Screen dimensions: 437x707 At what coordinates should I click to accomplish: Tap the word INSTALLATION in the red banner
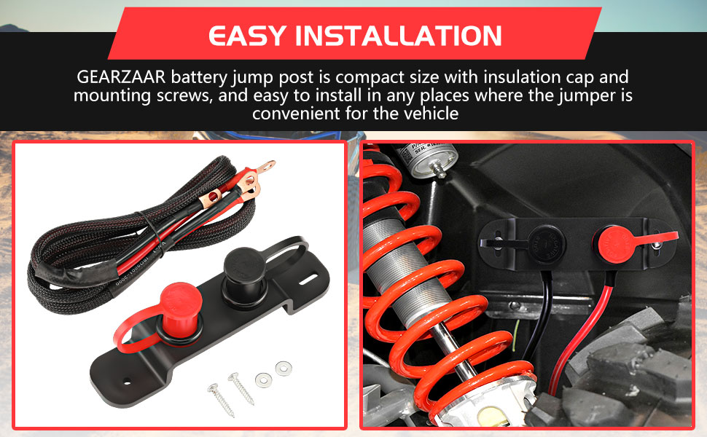402,36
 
